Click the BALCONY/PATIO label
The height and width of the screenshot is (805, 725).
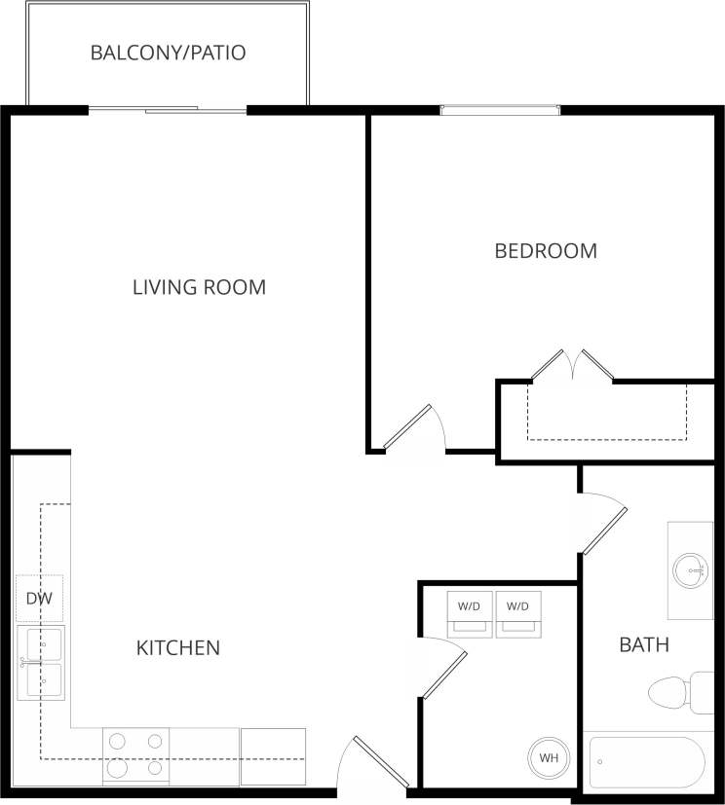(168, 53)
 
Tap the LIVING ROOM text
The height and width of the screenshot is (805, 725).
(199, 287)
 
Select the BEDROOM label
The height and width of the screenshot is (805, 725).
(546, 251)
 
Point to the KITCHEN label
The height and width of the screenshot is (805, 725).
(177, 647)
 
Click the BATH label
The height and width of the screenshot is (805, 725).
(644, 644)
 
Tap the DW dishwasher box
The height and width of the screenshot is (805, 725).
(39, 599)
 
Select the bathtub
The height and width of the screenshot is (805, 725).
(646, 762)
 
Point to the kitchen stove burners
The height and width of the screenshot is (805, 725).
(135, 755)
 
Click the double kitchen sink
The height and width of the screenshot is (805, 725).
(40, 663)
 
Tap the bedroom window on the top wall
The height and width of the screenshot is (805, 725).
(500, 110)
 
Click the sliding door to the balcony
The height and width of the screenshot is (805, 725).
(168, 110)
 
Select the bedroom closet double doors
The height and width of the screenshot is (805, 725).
(571, 365)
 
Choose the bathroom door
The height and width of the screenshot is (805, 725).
(603, 526)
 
